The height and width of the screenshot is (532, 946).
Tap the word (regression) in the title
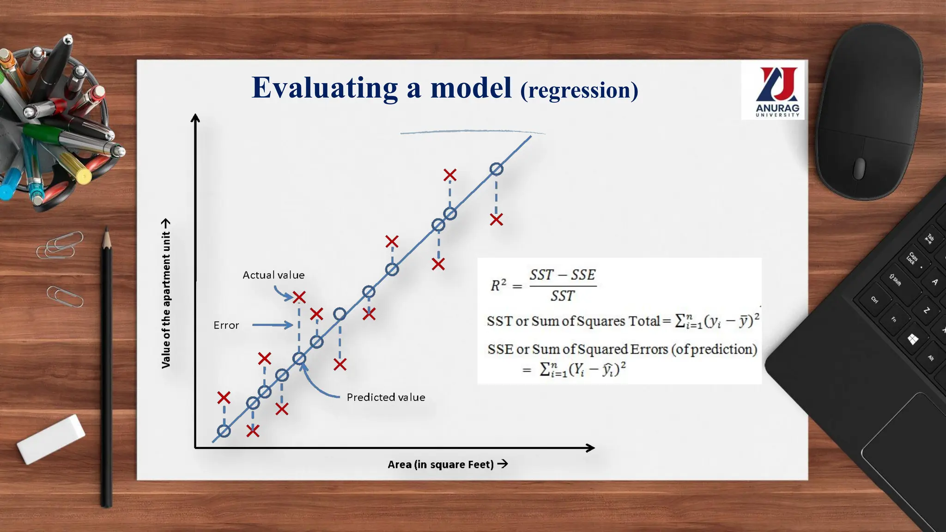click(579, 90)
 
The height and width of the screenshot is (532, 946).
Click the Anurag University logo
click(777, 91)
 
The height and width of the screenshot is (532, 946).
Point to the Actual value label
click(273, 275)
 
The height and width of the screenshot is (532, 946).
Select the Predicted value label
click(386, 397)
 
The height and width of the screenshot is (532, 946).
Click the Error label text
click(226, 325)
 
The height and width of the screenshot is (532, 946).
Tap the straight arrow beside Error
click(272, 325)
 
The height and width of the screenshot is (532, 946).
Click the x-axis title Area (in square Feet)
click(441, 464)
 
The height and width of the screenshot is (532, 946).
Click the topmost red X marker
click(450, 175)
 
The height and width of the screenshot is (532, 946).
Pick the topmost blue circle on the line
click(496, 169)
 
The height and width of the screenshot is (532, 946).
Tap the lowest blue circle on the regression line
click(224, 431)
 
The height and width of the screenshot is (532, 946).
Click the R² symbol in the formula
click(498, 285)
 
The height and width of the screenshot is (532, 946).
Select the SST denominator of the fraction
click(562, 296)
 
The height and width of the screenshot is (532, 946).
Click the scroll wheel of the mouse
click(859, 168)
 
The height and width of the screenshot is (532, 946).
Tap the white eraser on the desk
click(51, 439)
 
